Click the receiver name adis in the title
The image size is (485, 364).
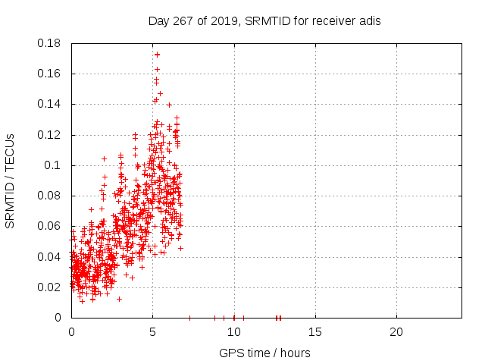click(x=368, y=21)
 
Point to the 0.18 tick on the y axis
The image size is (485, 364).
click(x=52, y=43)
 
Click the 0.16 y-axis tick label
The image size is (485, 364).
click(x=52, y=74)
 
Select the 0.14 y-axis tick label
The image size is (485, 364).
click(x=52, y=104)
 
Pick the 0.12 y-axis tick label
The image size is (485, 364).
click(x=52, y=135)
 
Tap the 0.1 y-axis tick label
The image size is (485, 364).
click(x=55, y=165)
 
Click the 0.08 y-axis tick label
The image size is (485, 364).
click(x=52, y=196)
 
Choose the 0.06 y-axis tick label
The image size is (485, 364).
click(x=52, y=226)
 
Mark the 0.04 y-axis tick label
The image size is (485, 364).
click(x=52, y=256)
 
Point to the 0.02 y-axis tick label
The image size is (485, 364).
click(x=52, y=287)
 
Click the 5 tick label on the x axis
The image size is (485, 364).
click(x=152, y=332)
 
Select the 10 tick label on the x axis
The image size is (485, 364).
click(x=233, y=332)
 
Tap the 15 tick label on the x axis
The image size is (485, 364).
click(x=314, y=332)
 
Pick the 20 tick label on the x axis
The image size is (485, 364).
click(x=396, y=332)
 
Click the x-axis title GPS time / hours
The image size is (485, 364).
click(x=264, y=353)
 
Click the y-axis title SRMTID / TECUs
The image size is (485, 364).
click(x=11, y=180)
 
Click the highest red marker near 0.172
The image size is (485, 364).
click(x=157, y=55)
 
